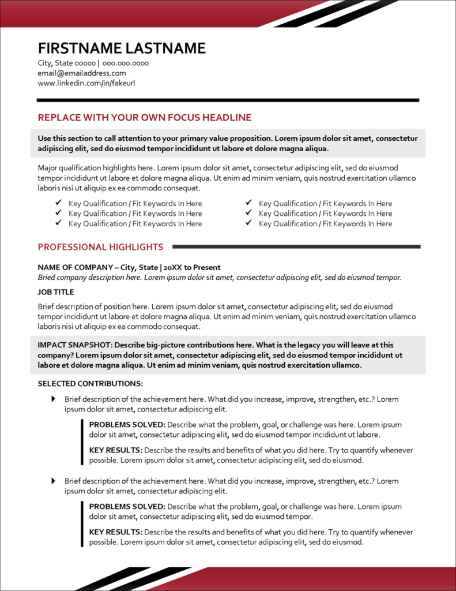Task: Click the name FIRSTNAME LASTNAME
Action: pos(122,48)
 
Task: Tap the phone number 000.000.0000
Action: pos(126,63)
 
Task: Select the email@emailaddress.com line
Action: pos(82,73)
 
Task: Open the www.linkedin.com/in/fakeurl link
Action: pos(86,83)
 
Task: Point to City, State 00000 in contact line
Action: pos(66,63)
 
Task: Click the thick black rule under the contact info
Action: pos(228,100)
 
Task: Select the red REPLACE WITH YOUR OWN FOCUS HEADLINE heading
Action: pos(145,118)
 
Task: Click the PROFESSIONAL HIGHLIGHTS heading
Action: pos(100,247)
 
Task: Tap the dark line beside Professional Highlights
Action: pos(296,247)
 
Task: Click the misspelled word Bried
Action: pos(48,278)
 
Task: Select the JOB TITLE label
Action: pos(56,292)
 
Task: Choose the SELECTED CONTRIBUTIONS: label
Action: pos(91,384)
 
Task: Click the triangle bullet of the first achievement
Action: pos(54,399)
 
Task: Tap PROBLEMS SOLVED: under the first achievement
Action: pos(127,425)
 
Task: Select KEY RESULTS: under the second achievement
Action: pos(115,532)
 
